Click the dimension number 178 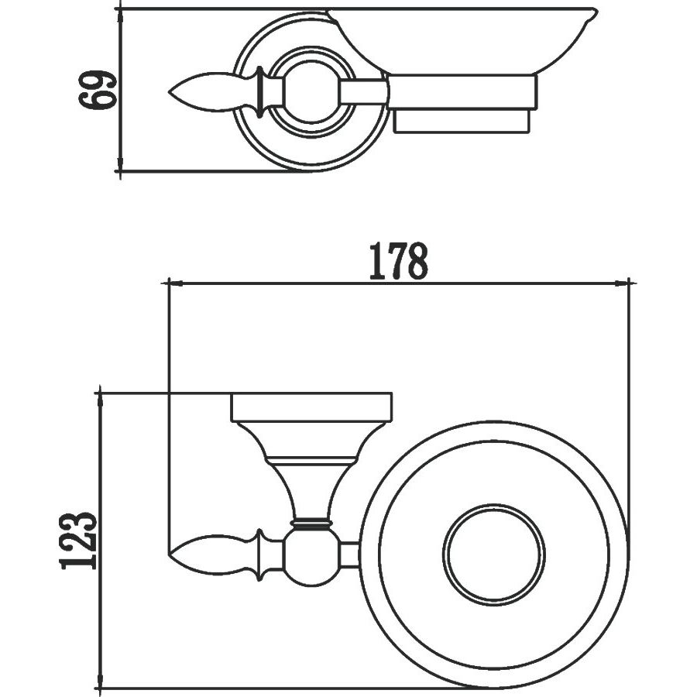tap(397, 261)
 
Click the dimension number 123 tap(79, 540)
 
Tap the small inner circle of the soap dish tap(493, 555)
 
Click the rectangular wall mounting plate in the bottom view tap(311, 408)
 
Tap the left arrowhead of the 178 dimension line tap(170, 283)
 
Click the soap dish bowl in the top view tap(465, 39)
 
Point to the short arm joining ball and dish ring tap(349, 555)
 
